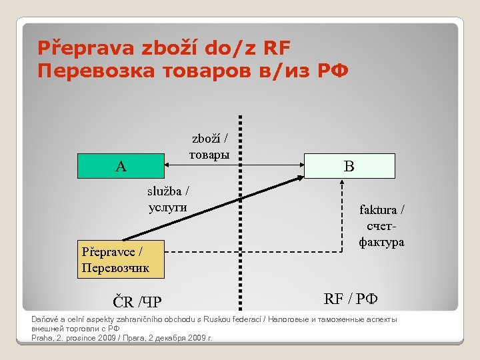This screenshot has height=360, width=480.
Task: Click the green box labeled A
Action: point(121,166)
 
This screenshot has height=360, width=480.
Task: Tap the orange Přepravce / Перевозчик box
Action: point(121,260)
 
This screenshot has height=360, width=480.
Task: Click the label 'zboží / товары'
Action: point(209,147)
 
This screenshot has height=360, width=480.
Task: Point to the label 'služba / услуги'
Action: point(168,199)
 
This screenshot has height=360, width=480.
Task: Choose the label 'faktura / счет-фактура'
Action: point(382,226)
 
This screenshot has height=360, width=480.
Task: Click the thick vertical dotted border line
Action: point(239,213)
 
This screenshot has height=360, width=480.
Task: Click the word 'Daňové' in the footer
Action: point(45,319)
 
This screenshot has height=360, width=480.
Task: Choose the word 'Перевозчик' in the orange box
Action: point(115,268)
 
